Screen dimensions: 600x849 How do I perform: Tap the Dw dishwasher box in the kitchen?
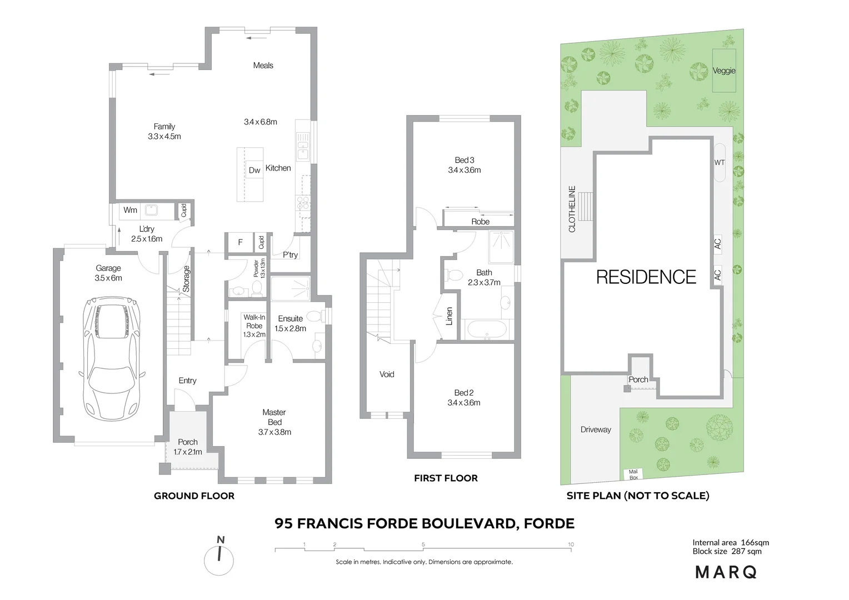[x=254, y=170]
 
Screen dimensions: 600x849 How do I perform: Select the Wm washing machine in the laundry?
[x=131, y=210]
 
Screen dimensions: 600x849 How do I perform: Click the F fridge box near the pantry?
[x=240, y=242]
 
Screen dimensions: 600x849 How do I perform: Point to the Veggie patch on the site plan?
[x=724, y=71]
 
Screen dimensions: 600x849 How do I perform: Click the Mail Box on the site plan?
[x=633, y=474]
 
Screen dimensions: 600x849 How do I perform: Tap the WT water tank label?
[x=719, y=162]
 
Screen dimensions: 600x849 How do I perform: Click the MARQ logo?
[x=726, y=572]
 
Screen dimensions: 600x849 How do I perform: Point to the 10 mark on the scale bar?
[x=571, y=545]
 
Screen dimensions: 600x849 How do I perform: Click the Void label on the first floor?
[x=387, y=374]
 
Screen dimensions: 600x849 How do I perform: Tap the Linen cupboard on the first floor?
[x=449, y=316]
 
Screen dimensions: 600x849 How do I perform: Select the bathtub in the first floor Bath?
[x=487, y=329]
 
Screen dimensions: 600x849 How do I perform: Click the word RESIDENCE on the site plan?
[x=646, y=277]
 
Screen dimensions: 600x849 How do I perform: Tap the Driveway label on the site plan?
[x=596, y=429]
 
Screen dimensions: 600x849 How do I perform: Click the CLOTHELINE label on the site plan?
[x=572, y=209]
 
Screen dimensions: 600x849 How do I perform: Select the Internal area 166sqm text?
[x=730, y=543]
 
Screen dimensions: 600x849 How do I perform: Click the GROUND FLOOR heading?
[x=194, y=496]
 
